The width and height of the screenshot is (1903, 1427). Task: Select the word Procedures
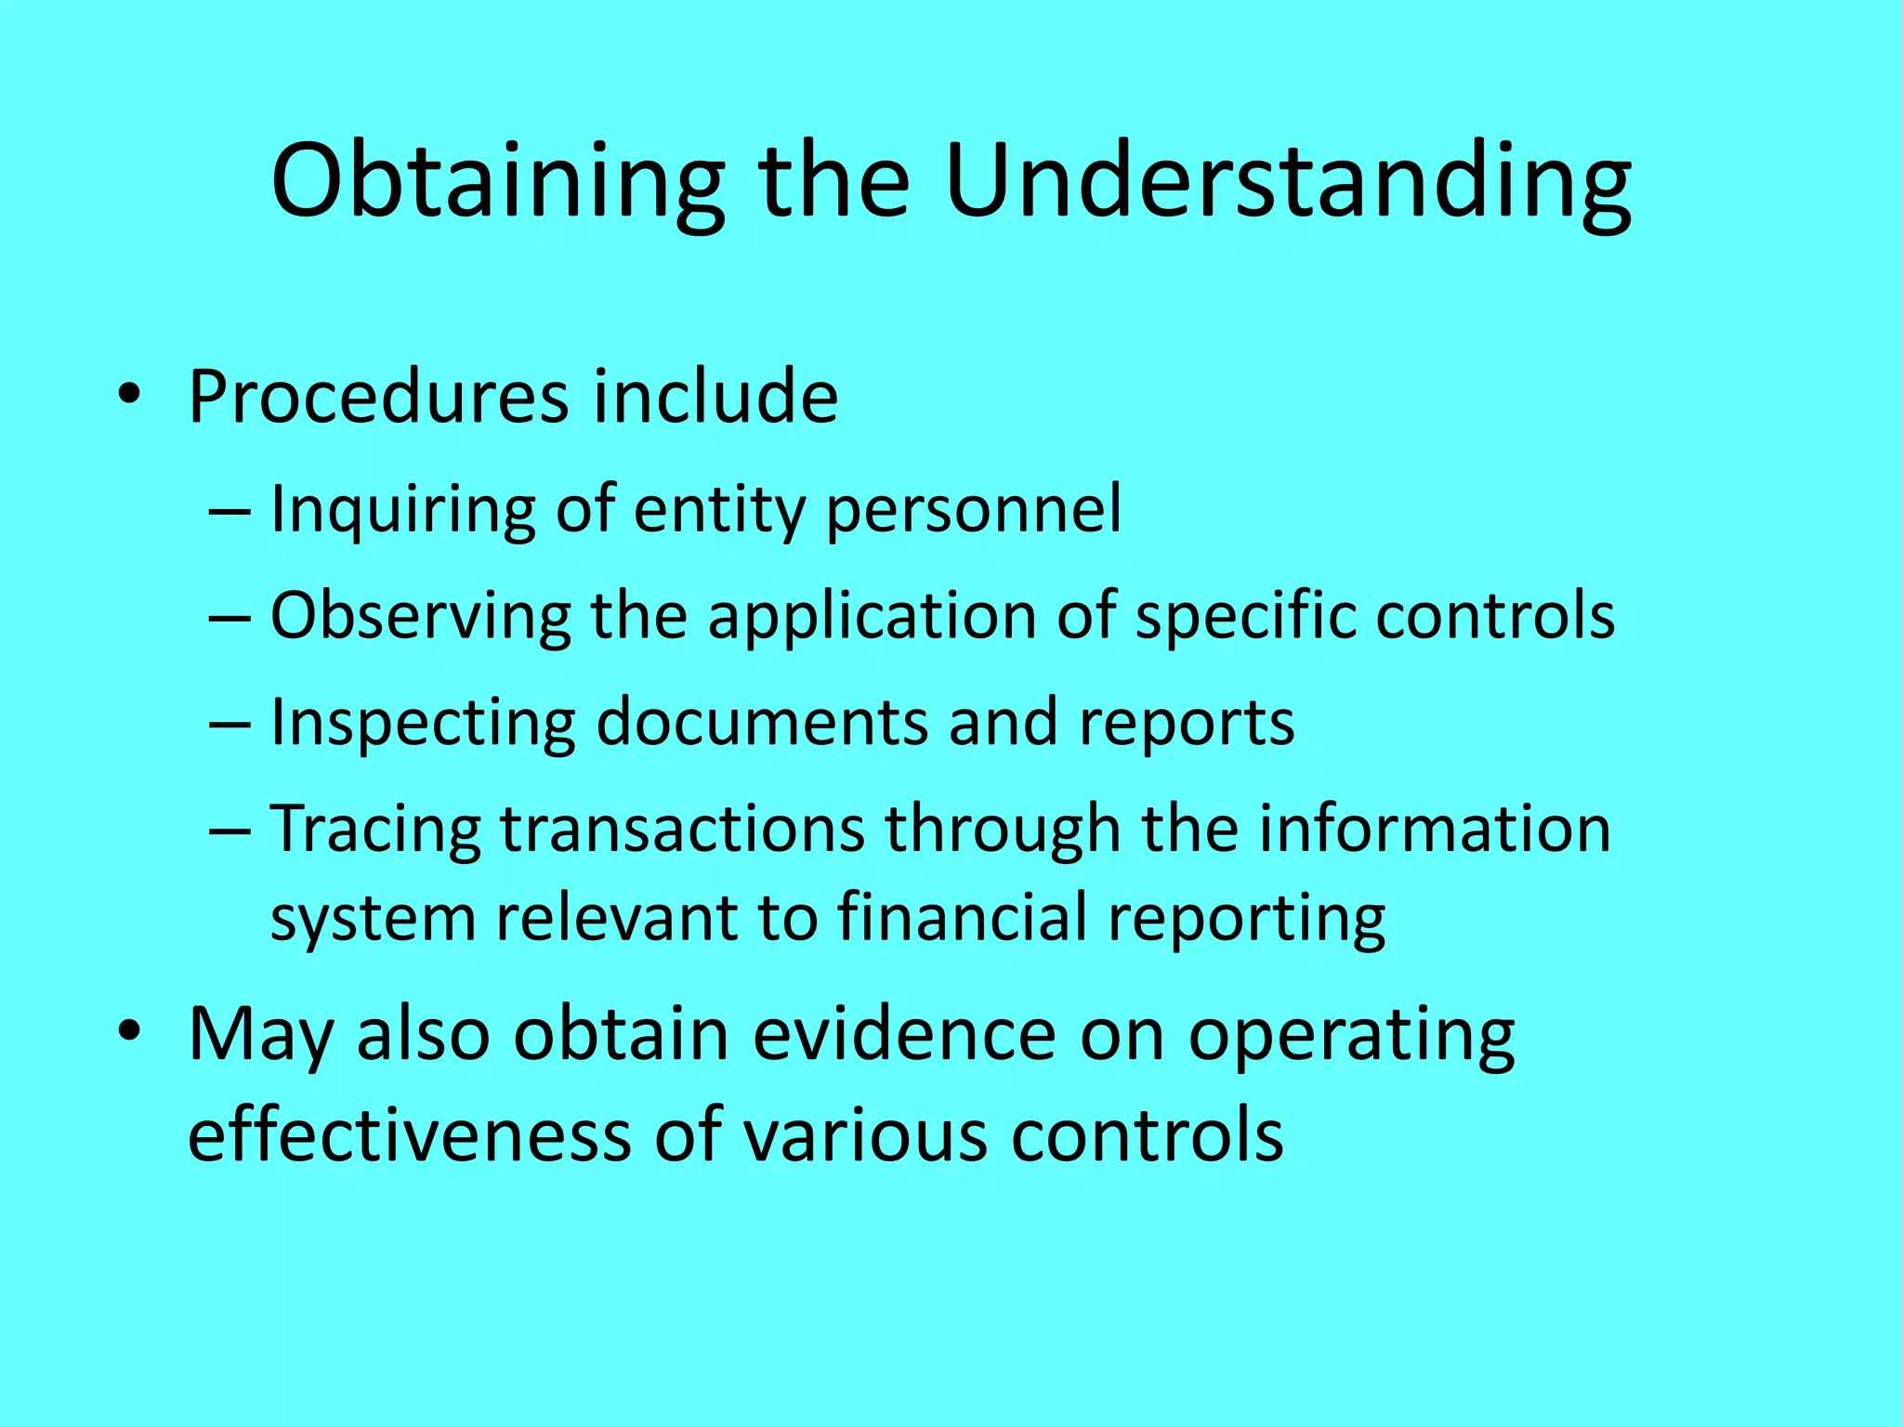pos(378,398)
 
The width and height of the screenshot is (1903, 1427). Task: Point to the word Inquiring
pos(402,510)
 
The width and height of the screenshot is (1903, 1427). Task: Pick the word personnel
pos(974,510)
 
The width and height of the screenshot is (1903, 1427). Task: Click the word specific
pos(1245,616)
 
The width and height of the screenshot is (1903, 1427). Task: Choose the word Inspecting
pos(423,723)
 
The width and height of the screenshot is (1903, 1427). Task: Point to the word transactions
pos(683,828)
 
